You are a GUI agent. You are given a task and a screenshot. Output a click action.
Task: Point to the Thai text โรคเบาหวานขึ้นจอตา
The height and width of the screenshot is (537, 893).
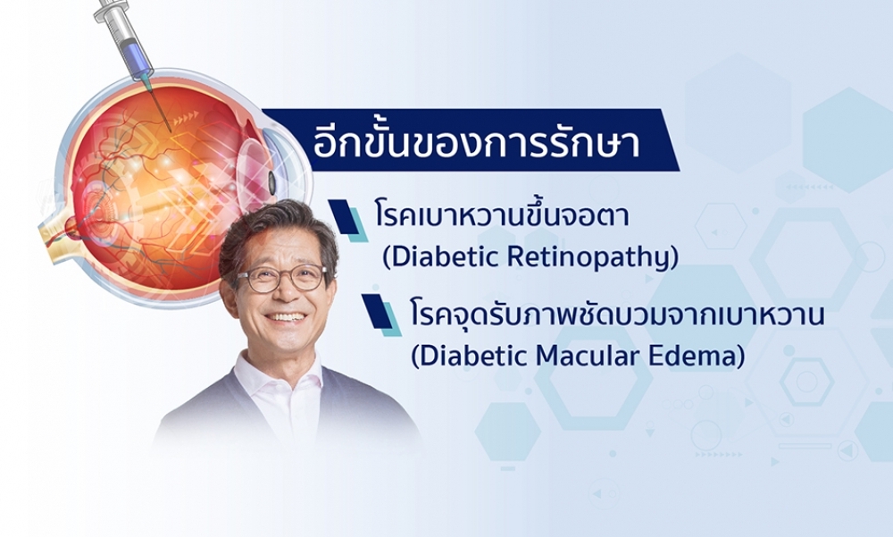point(502,216)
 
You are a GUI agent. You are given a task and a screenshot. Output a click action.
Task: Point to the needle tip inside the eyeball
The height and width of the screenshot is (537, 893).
point(169,132)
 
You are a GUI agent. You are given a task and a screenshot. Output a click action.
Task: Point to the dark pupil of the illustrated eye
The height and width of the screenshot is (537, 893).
point(272,181)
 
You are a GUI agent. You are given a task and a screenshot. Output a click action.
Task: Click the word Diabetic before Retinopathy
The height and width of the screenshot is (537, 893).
point(433,258)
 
